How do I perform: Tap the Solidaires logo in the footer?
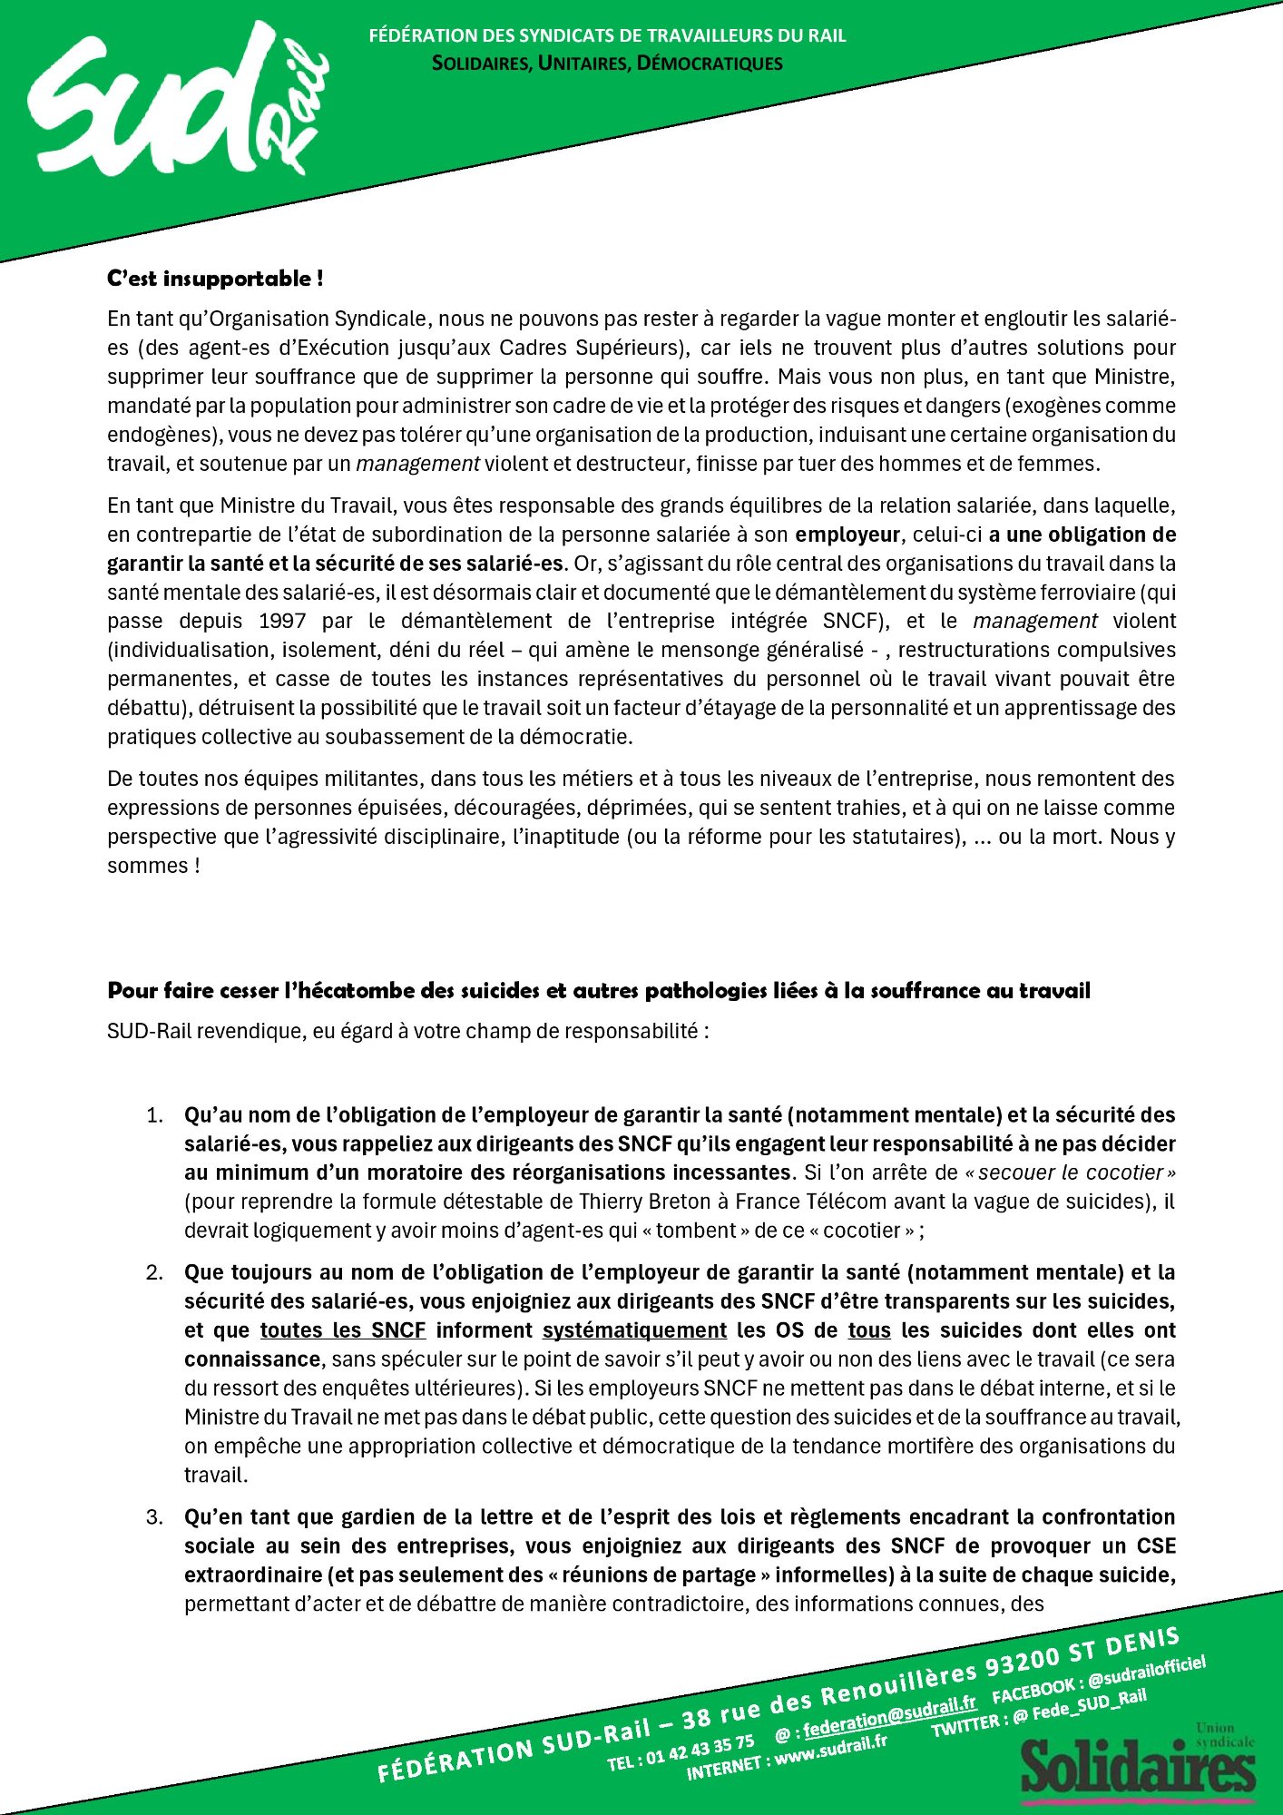pyautogui.click(x=1138, y=1765)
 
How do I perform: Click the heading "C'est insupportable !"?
pyautogui.click(x=215, y=279)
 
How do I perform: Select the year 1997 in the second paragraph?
pyautogui.click(x=282, y=622)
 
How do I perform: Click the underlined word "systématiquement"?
pyautogui.click(x=634, y=1330)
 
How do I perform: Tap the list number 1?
pyautogui.click(x=154, y=1115)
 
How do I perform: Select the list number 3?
pyautogui.click(x=154, y=1517)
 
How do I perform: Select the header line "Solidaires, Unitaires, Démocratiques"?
pyautogui.click(x=607, y=64)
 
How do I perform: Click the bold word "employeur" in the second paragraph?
pyautogui.click(x=847, y=535)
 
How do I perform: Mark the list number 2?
pyautogui.click(x=154, y=1273)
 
